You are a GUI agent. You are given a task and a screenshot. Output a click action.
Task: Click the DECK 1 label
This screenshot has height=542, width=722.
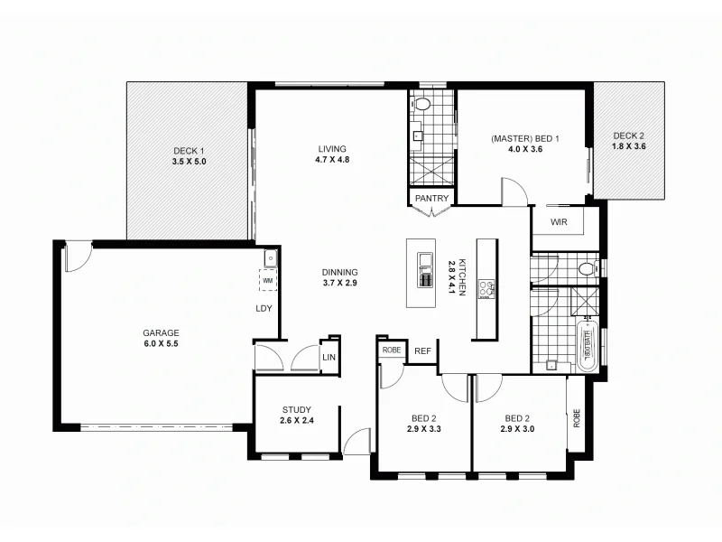(190, 151)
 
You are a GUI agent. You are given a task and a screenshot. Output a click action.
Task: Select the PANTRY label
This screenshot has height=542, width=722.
(431, 198)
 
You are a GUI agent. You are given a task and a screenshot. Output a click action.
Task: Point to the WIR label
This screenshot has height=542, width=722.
(558, 220)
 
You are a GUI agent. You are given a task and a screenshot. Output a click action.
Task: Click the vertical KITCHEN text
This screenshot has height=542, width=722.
(461, 278)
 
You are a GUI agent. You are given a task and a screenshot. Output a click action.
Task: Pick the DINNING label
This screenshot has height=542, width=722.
(339, 272)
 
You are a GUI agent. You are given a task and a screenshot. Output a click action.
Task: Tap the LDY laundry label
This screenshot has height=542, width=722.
(264, 309)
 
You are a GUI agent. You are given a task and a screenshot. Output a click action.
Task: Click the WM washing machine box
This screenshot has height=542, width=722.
(267, 281)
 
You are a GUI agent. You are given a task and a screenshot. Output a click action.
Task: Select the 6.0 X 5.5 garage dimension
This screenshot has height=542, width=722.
(160, 343)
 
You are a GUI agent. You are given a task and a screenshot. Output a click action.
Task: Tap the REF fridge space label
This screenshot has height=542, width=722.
(421, 351)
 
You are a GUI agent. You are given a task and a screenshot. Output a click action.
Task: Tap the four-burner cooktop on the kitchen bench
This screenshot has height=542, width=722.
(486, 289)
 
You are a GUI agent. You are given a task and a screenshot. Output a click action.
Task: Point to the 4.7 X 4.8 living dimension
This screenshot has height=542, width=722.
(332, 160)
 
